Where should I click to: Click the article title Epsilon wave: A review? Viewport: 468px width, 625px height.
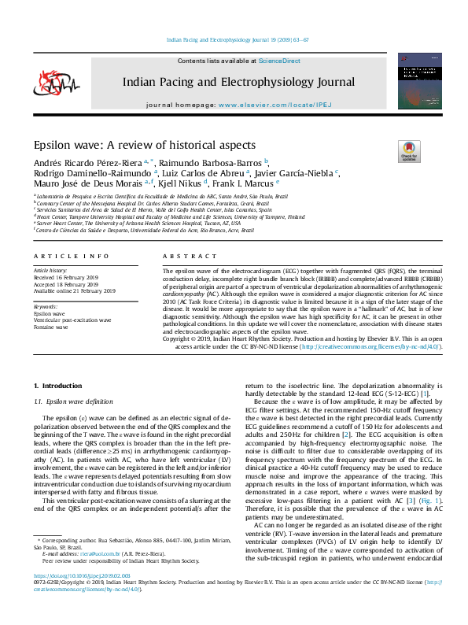pyautogui.click(x=133, y=146)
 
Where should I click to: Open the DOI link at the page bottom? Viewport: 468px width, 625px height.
pyautogui.click(x=87, y=599)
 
